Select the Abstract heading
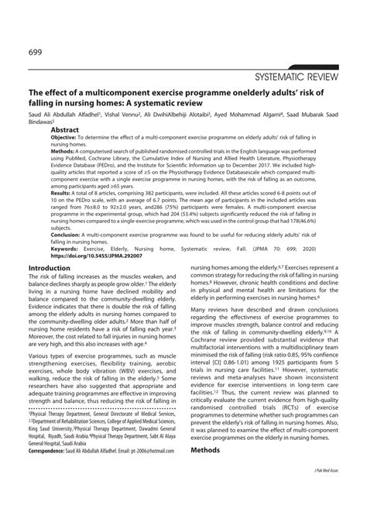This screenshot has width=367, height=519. [68, 132]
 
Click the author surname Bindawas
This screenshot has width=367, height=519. [26, 122]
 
